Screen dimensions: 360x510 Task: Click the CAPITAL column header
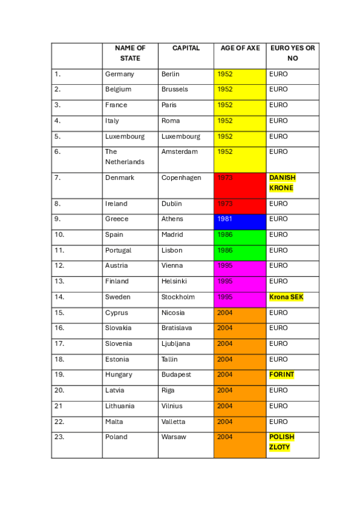[x=186, y=48]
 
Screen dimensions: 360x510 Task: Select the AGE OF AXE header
[x=240, y=48]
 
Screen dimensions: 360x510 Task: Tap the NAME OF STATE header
[x=130, y=53]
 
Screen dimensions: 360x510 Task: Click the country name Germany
[x=120, y=74]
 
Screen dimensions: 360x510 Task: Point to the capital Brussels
[x=174, y=89]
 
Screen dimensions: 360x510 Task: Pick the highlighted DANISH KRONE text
[x=282, y=183]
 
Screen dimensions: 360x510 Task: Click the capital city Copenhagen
[x=181, y=178]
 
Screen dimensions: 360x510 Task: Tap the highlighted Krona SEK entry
[x=286, y=297]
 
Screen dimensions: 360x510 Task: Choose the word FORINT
[x=282, y=375]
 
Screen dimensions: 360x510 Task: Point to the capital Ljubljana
[x=177, y=343]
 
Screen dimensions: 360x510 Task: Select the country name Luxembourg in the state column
[x=124, y=137]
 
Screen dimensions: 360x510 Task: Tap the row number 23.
[x=59, y=437]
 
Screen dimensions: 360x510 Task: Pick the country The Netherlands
[x=124, y=156]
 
